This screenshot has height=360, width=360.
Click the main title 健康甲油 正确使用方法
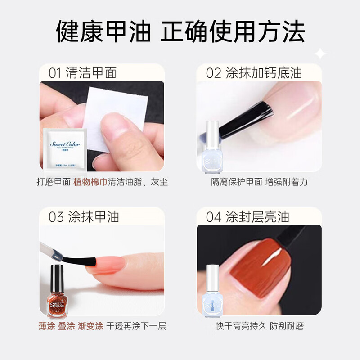[x=180, y=32]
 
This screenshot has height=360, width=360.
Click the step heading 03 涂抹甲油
[x=84, y=217]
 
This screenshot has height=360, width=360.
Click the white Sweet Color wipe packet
[x=65, y=149]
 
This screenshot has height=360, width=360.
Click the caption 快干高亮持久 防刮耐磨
[x=259, y=326]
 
